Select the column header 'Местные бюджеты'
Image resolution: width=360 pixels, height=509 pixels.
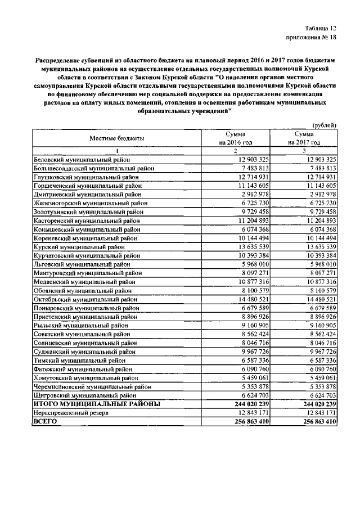(x=117, y=138)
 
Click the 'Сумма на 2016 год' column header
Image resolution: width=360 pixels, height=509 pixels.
(x=236, y=138)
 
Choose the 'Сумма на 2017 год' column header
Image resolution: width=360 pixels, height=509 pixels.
(x=303, y=138)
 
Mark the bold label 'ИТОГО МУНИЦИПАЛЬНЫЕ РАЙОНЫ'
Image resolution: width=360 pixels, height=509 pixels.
(x=97, y=404)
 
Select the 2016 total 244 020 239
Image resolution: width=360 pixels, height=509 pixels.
(x=245, y=404)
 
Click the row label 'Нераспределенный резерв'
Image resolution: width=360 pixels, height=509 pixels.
(x=70, y=413)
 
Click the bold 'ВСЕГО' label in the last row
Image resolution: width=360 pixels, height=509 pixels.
(x=46, y=421)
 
